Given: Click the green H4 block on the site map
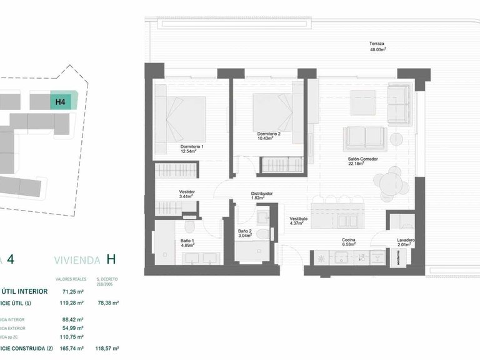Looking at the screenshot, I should pyautogui.click(x=62, y=101).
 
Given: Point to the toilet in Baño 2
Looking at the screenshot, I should pyautogui.click(x=264, y=235).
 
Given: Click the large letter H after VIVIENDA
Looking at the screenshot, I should pyautogui.click(x=111, y=259).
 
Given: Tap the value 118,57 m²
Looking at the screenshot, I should pyautogui.click(x=107, y=348).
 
